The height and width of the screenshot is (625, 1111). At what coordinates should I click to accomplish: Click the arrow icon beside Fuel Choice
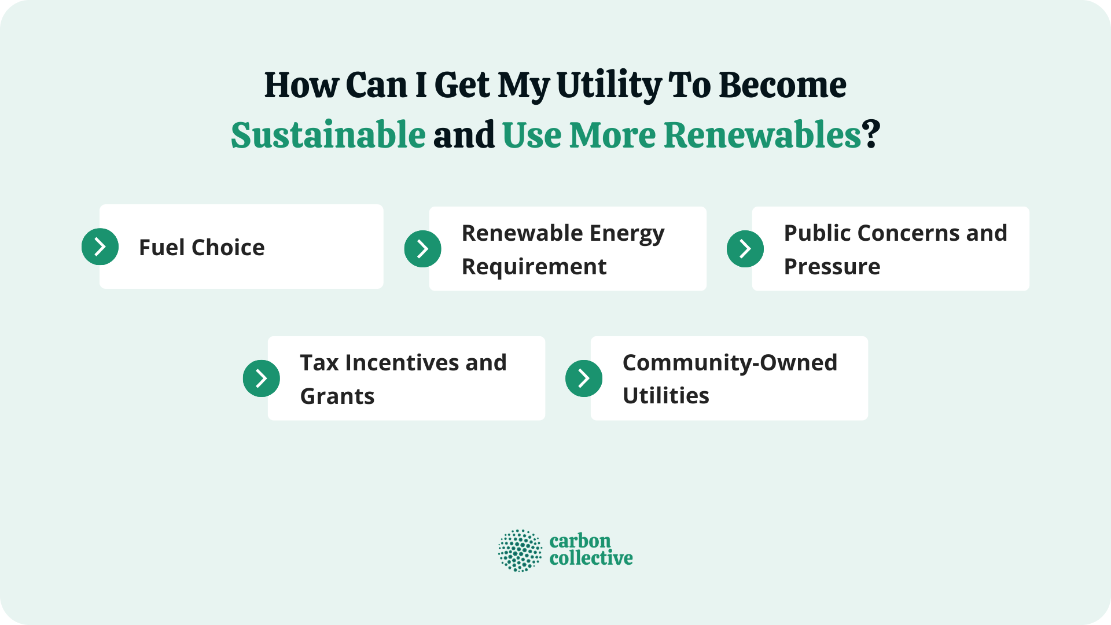pos(100,247)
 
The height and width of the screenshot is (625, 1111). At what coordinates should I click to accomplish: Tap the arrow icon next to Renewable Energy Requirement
pos(422,249)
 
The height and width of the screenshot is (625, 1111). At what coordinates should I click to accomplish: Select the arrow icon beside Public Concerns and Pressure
pos(745,249)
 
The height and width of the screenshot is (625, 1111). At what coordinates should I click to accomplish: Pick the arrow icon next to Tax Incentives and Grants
pos(261,378)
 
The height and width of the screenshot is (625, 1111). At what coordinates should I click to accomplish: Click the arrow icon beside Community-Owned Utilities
pos(583,378)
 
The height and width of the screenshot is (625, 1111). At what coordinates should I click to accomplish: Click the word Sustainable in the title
pos(328,135)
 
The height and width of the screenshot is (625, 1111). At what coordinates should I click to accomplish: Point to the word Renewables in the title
pos(763,135)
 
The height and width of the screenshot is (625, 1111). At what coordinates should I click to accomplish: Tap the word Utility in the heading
pos(609,86)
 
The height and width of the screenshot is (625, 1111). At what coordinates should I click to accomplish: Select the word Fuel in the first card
pos(161,248)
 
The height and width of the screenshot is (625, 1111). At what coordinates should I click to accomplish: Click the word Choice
pos(228,248)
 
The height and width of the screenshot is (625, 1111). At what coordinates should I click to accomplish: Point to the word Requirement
pos(534,267)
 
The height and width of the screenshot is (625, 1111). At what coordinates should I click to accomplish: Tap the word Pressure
pos(832,267)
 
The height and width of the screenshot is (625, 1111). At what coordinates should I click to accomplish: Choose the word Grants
pos(337,396)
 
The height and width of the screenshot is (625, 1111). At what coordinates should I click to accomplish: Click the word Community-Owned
pos(730,363)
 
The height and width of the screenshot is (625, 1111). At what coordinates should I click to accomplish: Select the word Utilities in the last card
pos(665,396)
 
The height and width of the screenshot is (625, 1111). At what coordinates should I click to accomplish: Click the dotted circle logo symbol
pos(520,550)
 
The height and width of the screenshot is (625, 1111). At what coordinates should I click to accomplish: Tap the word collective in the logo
pos(591,558)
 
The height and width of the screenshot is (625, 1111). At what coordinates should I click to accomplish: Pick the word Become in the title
pos(782,86)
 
